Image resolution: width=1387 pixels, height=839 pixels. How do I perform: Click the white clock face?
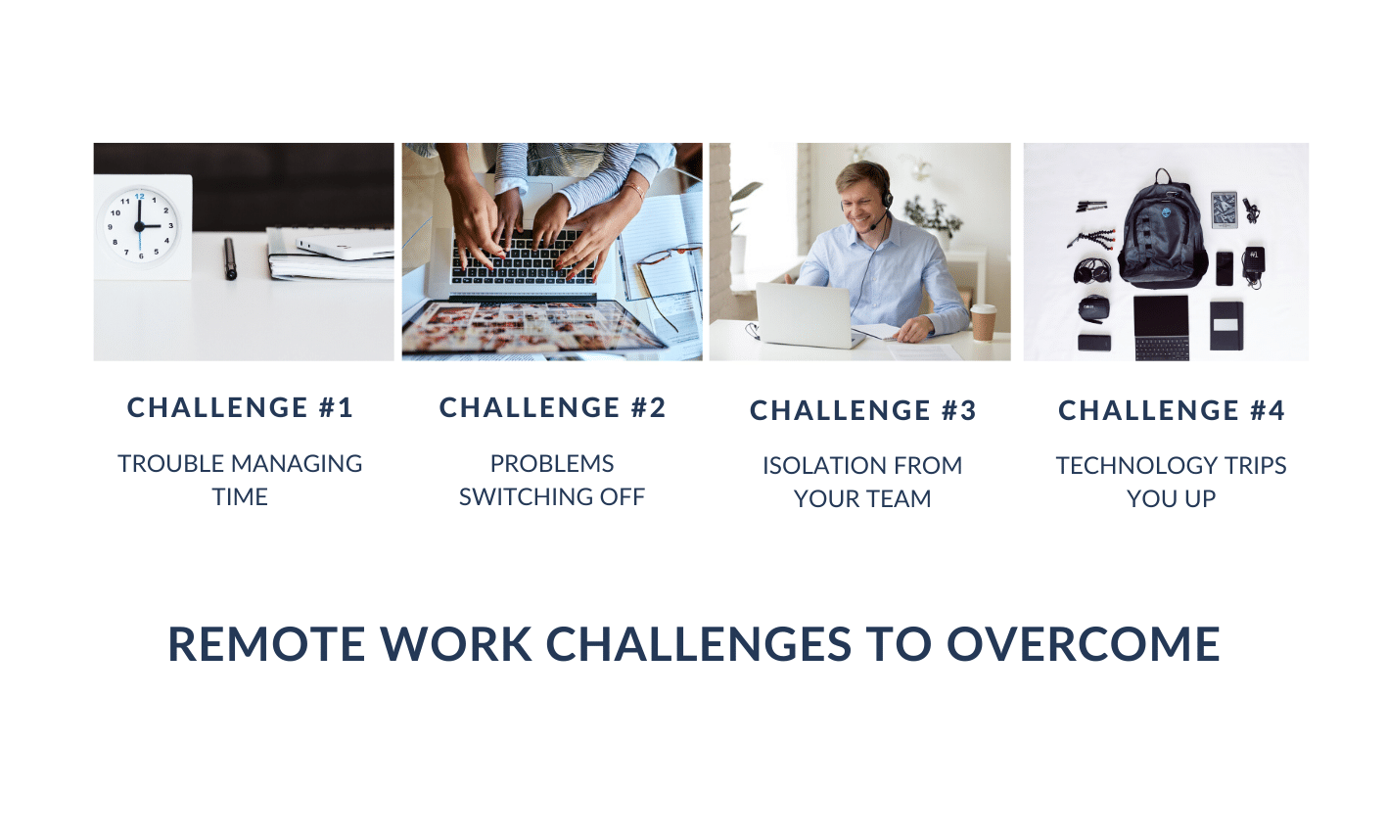pyautogui.click(x=139, y=226)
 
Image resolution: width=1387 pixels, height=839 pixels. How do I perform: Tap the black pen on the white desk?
pyautogui.click(x=230, y=258)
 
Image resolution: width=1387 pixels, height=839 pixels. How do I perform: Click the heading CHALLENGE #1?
pyautogui.click(x=240, y=407)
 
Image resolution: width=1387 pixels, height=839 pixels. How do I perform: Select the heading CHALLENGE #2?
pyautogui.click(x=552, y=407)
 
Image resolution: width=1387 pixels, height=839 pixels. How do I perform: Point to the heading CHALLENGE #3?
pyautogui.click(x=863, y=410)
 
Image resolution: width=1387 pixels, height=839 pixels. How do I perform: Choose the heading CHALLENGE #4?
pyautogui.click(x=1172, y=410)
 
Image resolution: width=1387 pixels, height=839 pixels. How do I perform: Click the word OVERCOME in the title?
pyautogui.click(x=1084, y=644)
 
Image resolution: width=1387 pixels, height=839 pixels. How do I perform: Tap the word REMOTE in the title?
pyautogui.click(x=267, y=644)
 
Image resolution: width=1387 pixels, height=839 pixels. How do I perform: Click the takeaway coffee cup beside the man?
pyautogui.click(x=983, y=323)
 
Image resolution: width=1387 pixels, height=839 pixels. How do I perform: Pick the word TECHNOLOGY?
pyautogui.click(x=1130, y=466)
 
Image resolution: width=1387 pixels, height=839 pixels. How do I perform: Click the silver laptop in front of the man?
pyautogui.click(x=805, y=315)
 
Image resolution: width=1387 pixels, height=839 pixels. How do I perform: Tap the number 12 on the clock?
pyautogui.click(x=140, y=197)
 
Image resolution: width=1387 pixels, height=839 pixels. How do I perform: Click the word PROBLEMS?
pyautogui.click(x=552, y=464)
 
